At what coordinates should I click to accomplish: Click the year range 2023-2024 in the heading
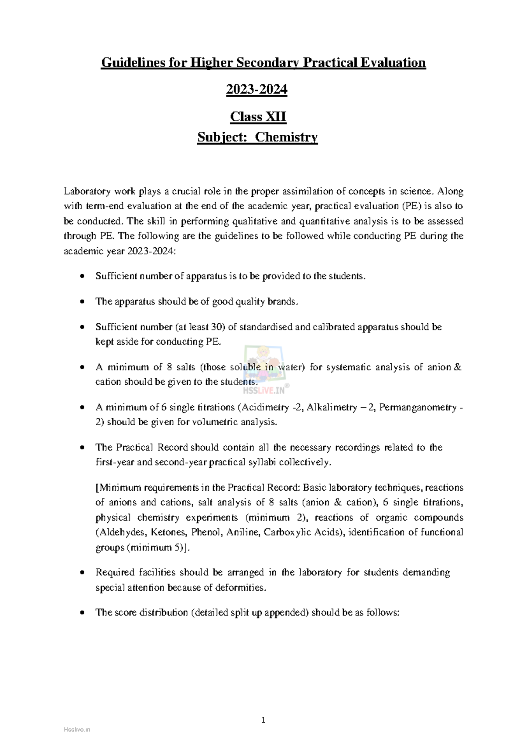point(256,90)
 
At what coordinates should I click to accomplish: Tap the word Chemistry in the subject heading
point(286,137)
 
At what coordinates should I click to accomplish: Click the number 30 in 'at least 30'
point(218,327)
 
